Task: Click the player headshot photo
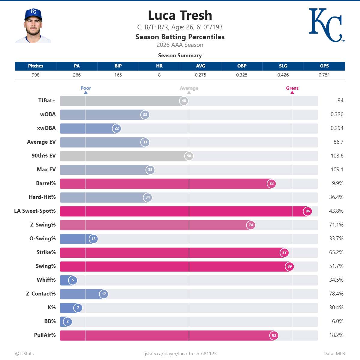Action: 33,25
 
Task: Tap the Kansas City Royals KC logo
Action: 327,25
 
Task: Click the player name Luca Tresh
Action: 180,15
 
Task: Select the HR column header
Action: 159,66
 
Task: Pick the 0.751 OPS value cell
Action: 324,75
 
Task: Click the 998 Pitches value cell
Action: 35,75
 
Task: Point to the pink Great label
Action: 292,88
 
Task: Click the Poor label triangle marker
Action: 86,92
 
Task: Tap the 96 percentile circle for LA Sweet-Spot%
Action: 307,211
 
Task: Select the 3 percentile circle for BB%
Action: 67,322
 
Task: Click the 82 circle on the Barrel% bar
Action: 271,184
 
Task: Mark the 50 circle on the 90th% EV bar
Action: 189,156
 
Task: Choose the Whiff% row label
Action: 46,280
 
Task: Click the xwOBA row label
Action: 46,128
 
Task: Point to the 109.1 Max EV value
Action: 337,169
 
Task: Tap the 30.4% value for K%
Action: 336,307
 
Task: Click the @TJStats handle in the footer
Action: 25,354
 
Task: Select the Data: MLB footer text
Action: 334,354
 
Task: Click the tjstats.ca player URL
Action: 180,354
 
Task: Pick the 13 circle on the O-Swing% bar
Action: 93,239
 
